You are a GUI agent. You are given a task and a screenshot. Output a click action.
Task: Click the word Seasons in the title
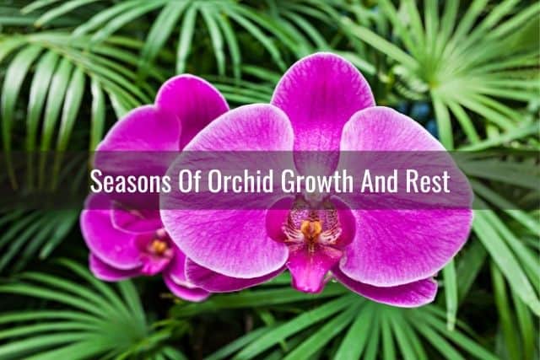point(131,181)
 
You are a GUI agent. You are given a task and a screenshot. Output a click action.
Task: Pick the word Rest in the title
point(428,181)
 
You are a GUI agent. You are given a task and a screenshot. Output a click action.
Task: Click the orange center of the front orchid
point(311,228)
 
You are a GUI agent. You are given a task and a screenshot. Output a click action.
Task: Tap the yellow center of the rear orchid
point(158,246)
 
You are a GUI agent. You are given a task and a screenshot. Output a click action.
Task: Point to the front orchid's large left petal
point(227,193)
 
